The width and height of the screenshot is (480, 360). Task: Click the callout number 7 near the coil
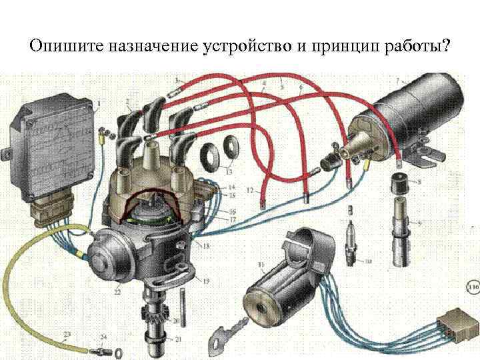(x=398, y=81)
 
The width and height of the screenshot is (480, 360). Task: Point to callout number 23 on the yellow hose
(x=67, y=333)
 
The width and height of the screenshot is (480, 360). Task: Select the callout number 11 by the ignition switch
(x=261, y=267)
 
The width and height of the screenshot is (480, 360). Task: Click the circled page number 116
(x=473, y=289)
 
